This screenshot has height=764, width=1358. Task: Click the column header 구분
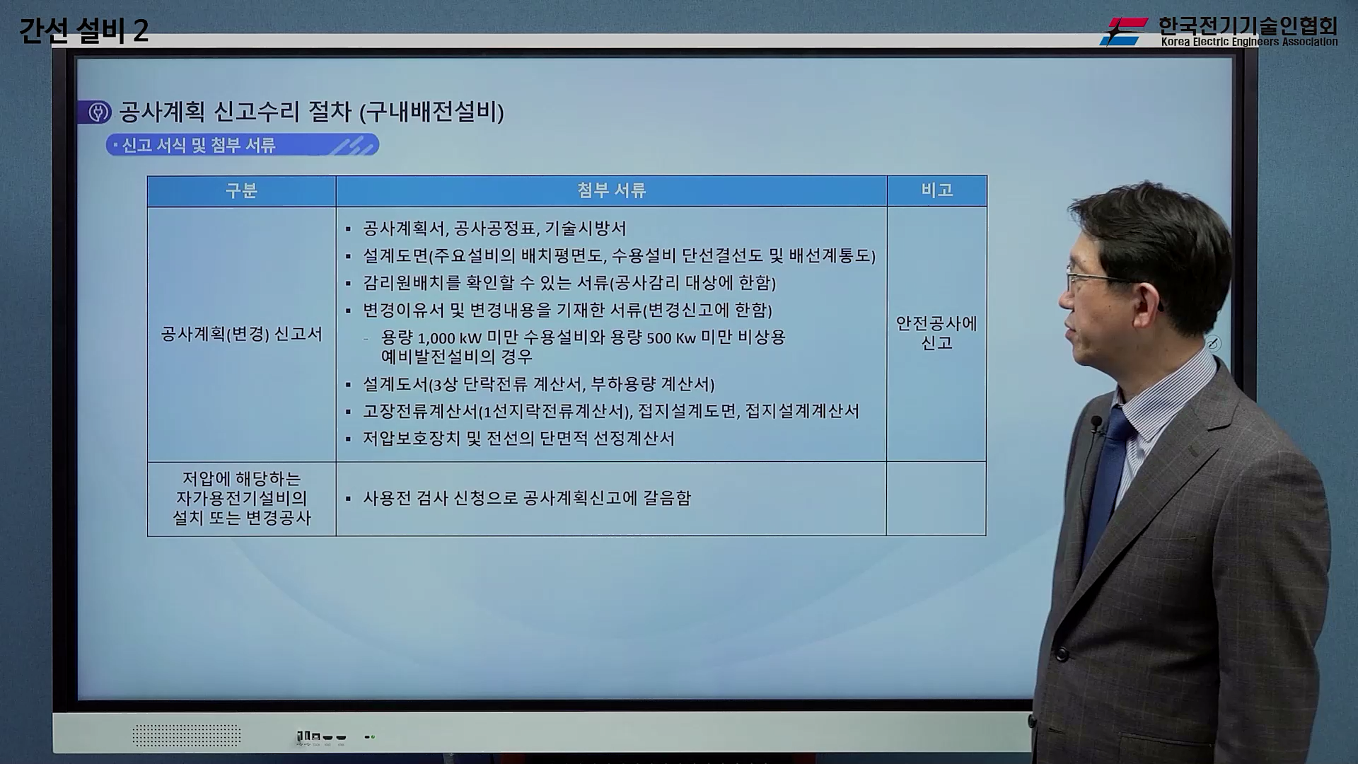point(241,191)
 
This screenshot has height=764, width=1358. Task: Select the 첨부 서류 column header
point(611,191)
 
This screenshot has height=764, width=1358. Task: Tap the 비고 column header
point(936,190)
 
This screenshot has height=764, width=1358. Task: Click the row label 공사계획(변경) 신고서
point(241,334)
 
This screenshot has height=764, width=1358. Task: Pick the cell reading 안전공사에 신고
point(936,333)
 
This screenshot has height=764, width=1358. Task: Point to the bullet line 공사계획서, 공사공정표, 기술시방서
point(494,228)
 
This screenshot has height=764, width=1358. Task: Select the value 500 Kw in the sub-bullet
point(671,338)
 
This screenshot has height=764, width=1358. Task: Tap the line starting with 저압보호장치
point(518,439)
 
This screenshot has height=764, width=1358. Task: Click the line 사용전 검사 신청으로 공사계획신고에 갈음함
point(526,498)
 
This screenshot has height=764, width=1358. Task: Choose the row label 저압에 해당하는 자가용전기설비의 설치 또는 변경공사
point(241,498)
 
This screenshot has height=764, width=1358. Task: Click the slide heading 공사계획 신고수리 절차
point(311,112)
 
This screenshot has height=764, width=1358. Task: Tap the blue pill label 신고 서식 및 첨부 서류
point(242,146)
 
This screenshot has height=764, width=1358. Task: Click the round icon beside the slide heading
point(98,112)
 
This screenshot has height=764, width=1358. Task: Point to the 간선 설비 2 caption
point(83,31)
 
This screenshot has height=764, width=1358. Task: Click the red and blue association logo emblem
point(1124,32)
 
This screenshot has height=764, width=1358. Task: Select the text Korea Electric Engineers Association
point(1249,42)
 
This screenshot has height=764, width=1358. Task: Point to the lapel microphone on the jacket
point(1096,424)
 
